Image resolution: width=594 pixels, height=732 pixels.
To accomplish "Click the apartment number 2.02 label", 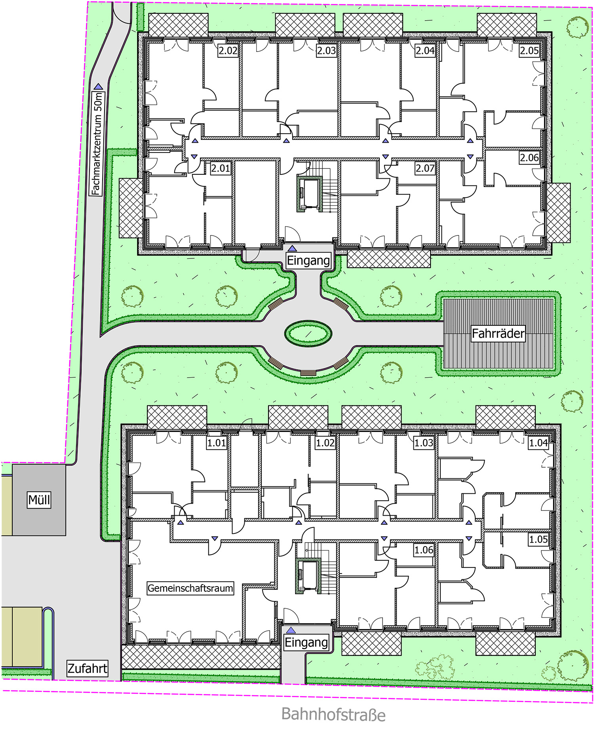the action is pos(228,51).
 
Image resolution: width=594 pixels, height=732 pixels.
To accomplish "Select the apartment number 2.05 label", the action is pos(529,51).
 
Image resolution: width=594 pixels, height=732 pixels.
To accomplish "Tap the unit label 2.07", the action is pos(425,168).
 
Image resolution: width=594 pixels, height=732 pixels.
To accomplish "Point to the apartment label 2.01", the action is pos(220,168).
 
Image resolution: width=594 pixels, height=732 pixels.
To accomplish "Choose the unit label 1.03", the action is pos(424,443).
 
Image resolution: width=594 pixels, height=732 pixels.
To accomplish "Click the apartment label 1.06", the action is pos(424,550).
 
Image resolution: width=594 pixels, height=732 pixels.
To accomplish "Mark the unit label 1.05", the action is pos(539,539).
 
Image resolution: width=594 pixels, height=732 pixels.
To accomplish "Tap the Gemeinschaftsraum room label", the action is pos(190,588).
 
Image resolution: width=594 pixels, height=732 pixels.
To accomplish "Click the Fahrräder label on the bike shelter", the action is pos(498,333).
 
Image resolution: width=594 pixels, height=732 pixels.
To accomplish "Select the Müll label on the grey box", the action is pos(39,500).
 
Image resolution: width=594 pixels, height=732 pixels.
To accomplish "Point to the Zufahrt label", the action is pos(88,669).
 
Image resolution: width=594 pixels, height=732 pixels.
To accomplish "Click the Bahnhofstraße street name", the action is pos(333,714).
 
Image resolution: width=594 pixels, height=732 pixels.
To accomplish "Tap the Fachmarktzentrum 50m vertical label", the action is pos(97,143).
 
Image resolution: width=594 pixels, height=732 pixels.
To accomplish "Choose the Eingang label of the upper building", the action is pos(308,261).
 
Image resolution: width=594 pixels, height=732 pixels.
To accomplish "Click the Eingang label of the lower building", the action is pos(307,642).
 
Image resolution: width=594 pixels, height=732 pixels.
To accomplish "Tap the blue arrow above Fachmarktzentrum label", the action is pos(98,86).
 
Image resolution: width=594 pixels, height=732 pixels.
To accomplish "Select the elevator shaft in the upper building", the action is pos(309,195).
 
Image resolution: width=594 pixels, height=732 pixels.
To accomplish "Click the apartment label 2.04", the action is pos(425,51).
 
